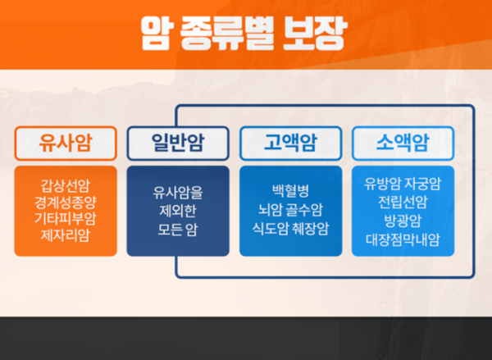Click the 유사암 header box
coord(66,144)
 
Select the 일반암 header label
coord(178,144)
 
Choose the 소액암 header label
coord(403,144)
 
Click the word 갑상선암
coord(66,183)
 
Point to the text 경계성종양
coord(66,200)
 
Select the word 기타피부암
coord(66,218)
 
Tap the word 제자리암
coord(66,236)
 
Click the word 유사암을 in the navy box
coord(178,193)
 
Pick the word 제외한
coord(178,211)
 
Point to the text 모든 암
coord(178,229)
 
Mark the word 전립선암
coord(403,201)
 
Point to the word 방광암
coord(403,220)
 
